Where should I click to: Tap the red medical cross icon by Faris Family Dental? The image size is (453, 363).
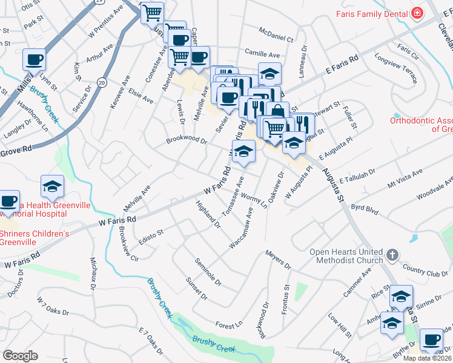point(417,13)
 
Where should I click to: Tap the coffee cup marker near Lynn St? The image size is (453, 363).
point(35,60)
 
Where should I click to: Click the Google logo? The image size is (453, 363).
point(20,356)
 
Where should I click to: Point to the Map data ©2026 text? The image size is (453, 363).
point(428,358)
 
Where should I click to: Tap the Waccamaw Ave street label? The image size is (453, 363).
point(241,228)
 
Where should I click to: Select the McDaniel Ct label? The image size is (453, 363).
point(276,34)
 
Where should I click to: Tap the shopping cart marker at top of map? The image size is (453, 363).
point(153,12)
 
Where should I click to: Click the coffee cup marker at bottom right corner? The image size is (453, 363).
point(431,341)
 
